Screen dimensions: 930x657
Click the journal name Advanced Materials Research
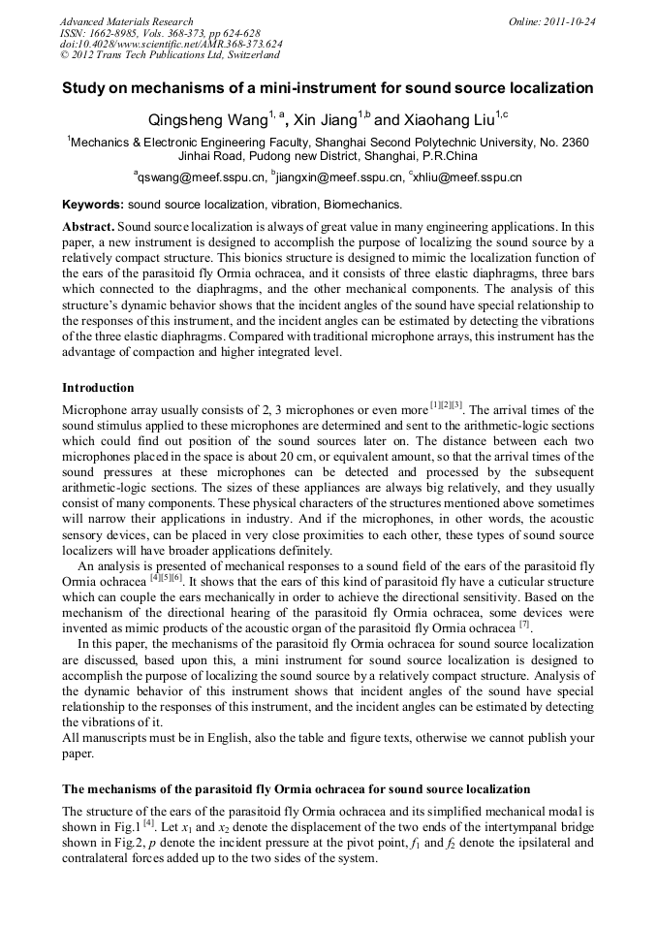(x=126, y=21)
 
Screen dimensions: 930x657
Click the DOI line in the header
(x=171, y=45)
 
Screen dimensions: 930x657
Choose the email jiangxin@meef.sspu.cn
(x=340, y=177)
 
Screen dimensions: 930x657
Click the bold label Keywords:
(x=93, y=206)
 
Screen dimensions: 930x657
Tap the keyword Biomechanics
(x=364, y=206)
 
